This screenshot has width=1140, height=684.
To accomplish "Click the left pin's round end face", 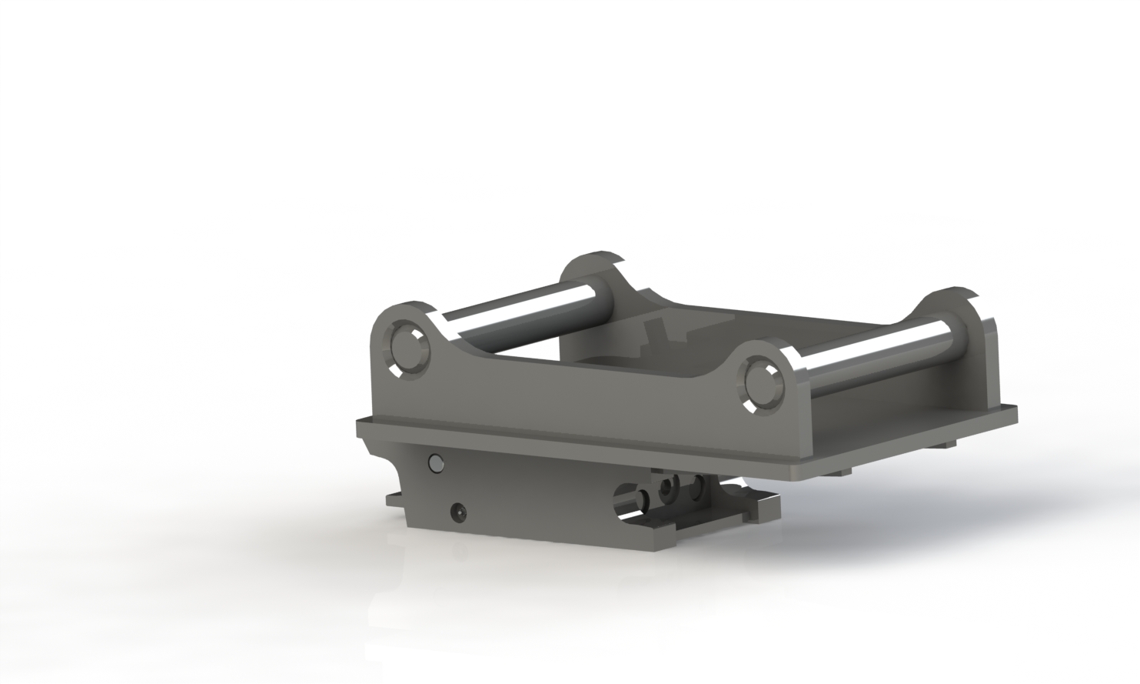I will (407, 351).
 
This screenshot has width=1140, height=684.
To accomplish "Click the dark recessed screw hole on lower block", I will (458, 510).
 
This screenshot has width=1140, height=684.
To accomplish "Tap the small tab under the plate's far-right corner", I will (945, 444).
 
